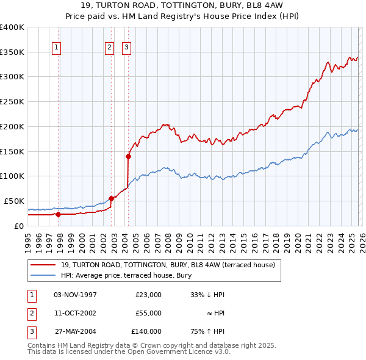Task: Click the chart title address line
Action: click(183, 5)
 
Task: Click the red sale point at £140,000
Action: click(129, 156)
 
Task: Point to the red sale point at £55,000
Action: click(111, 198)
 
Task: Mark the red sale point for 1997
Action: click(58, 214)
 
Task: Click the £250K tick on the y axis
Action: click(12, 102)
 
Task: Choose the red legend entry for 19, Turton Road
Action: click(168, 265)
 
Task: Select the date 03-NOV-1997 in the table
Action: click(75, 295)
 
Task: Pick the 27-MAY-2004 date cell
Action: click(75, 331)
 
